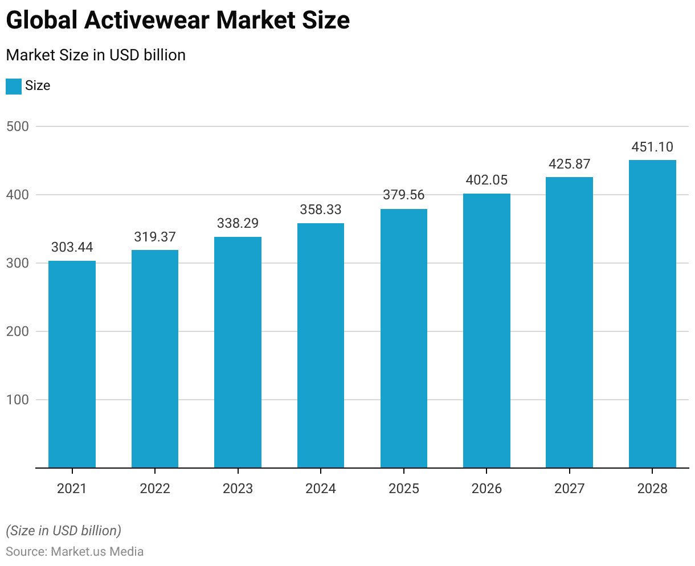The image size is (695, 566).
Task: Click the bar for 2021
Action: pos(72,364)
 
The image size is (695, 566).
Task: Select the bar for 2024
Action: pos(321,346)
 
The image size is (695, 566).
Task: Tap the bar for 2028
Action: pos(652,314)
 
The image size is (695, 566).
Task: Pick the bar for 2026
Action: pos(486,331)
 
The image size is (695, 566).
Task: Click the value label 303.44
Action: pos(72,247)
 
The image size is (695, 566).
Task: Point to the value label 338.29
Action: pos(238,223)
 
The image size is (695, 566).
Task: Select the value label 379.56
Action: pos(403,195)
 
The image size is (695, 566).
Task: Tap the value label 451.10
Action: pos(652,147)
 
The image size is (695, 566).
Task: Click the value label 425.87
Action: pos(569,164)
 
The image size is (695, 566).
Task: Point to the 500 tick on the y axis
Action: pos(17,126)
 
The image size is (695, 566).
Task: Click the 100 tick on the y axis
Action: pos(17,400)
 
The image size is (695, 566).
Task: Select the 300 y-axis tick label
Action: pos(17,263)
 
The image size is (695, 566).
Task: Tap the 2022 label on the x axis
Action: pos(155,489)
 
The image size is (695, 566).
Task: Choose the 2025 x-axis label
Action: pos(403,489)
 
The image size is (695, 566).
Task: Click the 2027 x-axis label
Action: pos(569,489)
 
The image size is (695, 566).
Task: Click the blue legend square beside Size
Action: pos(13,86)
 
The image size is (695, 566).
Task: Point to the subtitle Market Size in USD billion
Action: pos(96,55)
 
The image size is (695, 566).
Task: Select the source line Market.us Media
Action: pos(75,552)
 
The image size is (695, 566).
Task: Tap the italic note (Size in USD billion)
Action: pos(63,531)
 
